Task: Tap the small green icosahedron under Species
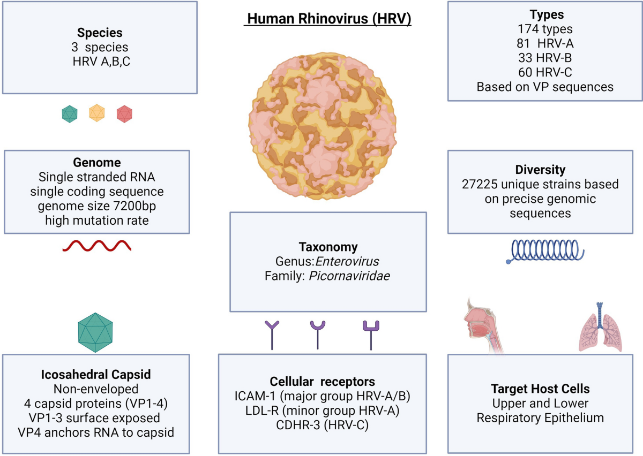70,113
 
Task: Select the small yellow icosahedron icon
97,113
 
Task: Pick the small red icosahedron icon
124,113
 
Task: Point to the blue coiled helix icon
545,252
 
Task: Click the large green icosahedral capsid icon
97,330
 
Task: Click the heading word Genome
96,162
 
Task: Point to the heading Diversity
540,170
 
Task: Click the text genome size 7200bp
96,205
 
